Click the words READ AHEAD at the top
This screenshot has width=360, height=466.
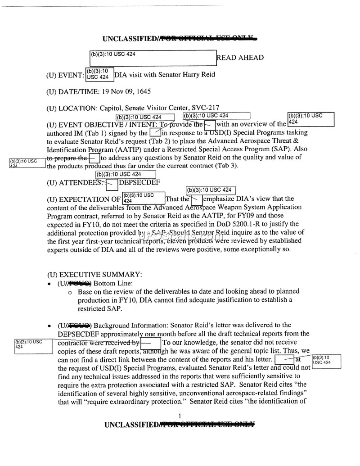pos(240,58)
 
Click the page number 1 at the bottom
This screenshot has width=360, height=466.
pos(180,416)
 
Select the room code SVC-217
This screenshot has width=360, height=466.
pos(205,108)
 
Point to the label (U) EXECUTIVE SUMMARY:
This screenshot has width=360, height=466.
pos(94,274)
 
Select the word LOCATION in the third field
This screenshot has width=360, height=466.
pos(76,108)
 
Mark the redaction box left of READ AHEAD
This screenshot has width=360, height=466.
pos(153,58)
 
